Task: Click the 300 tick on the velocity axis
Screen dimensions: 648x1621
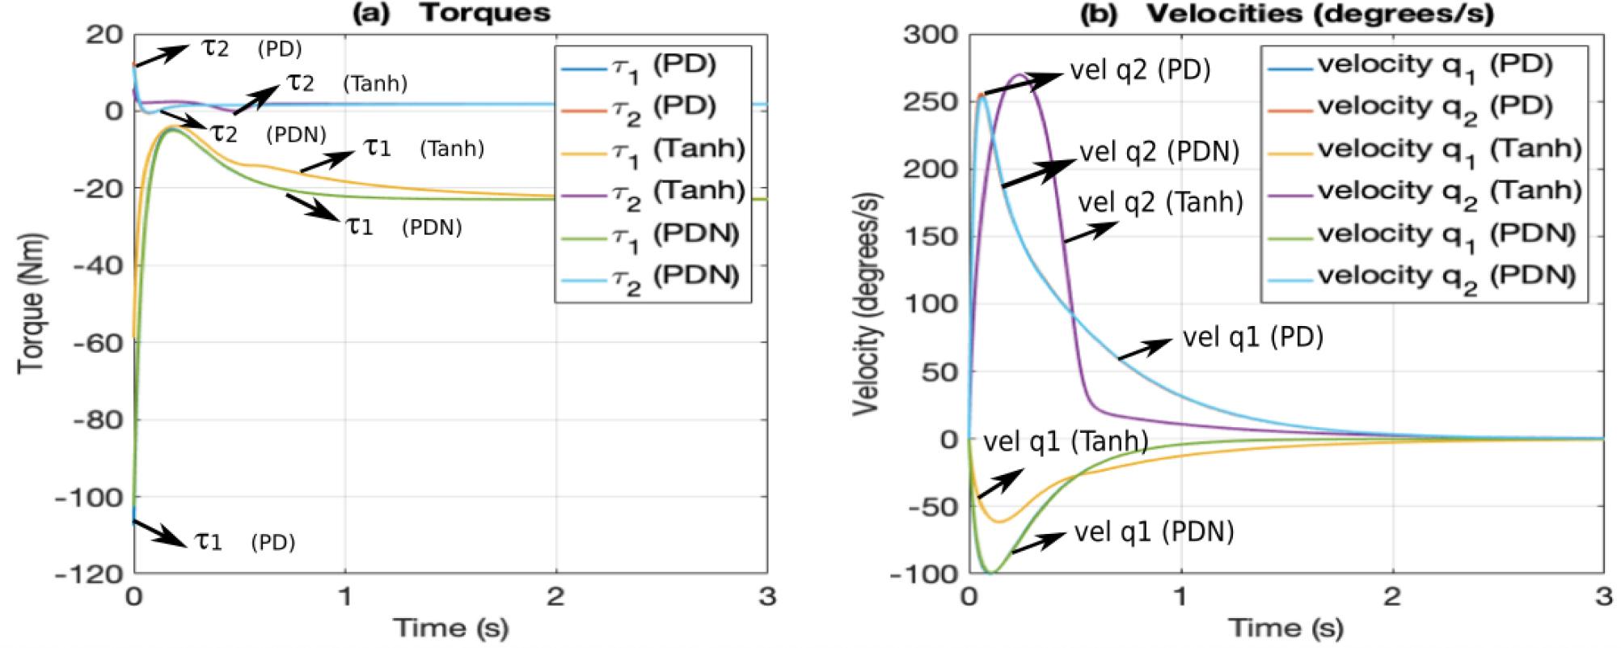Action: [933, 34]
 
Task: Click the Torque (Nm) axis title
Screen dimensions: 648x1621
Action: [32, 303]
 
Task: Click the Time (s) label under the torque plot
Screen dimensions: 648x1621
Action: [450, 627]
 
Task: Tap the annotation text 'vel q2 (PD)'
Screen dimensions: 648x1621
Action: [1140, 70]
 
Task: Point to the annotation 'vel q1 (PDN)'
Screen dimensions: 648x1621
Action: [1154, 532]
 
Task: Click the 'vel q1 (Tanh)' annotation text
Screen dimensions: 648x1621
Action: [1065, 442]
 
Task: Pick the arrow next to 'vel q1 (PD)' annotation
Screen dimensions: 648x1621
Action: [1144, 349]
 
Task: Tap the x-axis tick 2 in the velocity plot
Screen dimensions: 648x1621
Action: [1392, 597]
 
